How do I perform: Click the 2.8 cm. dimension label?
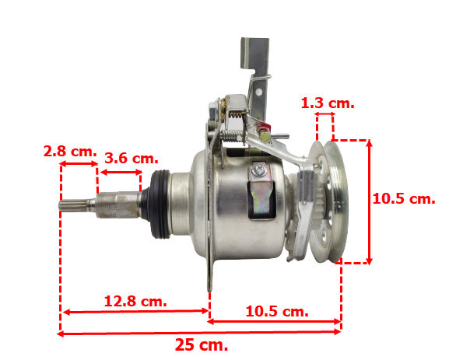(70, 151)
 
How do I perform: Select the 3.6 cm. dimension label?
(132, 158)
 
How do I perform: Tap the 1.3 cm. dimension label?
(328, 103)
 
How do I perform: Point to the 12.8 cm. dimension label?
(135, 301)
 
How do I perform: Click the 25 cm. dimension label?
(202, 344)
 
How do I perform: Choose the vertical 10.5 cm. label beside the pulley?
(404, 198)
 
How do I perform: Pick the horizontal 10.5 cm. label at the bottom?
(277, 311)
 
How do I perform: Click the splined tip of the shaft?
(73, 205)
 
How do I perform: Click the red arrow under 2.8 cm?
(79, 164)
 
